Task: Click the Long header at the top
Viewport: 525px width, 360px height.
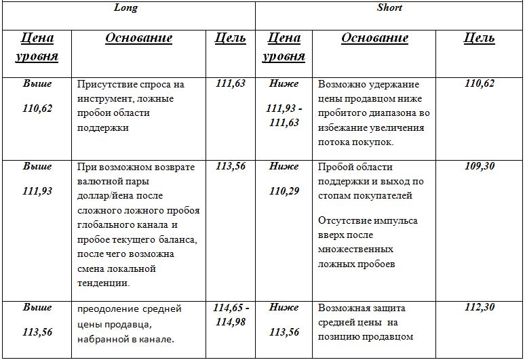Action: coord(126,8)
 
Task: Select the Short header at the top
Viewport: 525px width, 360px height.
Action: coord(389,8)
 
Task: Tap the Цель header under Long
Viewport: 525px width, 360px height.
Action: coord(230,39)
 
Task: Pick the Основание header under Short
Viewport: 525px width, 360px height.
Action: coord(374,39)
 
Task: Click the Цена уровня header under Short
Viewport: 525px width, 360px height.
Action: coord(284,47)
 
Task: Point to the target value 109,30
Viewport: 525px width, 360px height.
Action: coord(480,167)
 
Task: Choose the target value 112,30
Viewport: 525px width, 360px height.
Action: coord(480,308)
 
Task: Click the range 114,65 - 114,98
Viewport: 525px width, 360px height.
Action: coord(231,315)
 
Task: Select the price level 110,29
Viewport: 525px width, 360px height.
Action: coord(284,192)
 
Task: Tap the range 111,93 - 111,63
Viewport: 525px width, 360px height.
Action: coord(284,116)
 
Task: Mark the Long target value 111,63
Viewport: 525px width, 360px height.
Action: coord(231,84)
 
